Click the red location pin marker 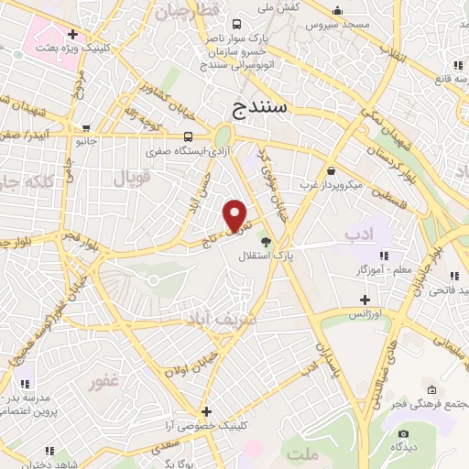pyautogui.click(x=236, y=214)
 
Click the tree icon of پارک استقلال pyautogui.click(x=266, y=242)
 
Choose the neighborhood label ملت pyautogui.click(x=300, y=453)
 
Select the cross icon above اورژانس pyautogui.click(x=365, y=300)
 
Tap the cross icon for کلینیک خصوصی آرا pyautogui.click(x=207, y=412)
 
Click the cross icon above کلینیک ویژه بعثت pyautogui.click(x=71, y=34)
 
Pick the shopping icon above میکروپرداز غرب pyautogui.click(x=330, y=170)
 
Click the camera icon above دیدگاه pyautogui.click(x=402, y=433)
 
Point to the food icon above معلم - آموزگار pyautogui.click(x=384, y=256)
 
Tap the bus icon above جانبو pyautogui.click(x=86, y=129)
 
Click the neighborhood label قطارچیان pyautogui.click(x=188, y=12)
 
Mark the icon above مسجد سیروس pyautogui.click(x=338, y=12)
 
